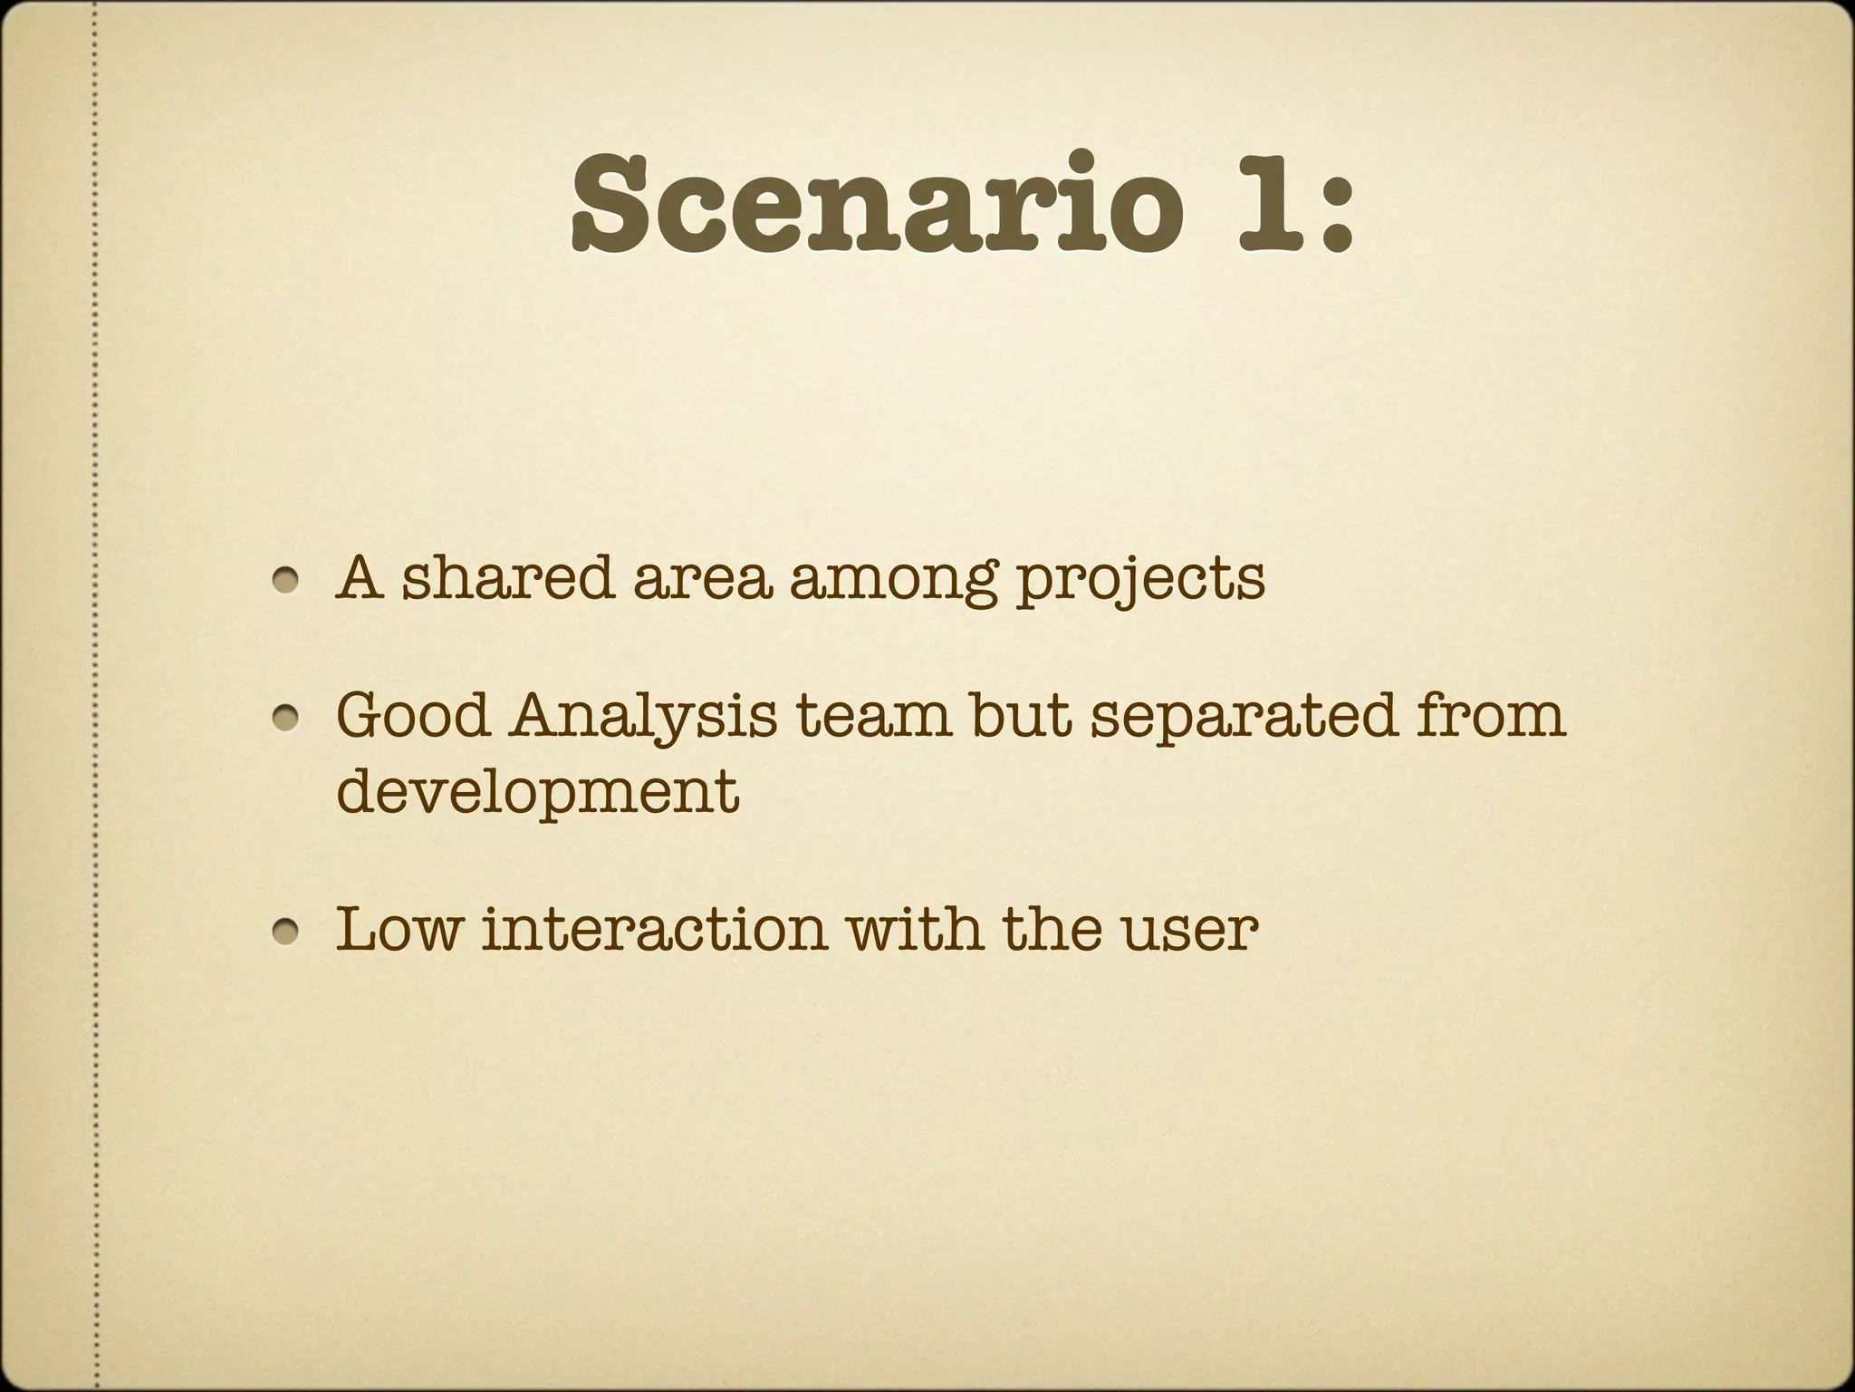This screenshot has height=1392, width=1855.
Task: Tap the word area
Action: click(x=703, y=580)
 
